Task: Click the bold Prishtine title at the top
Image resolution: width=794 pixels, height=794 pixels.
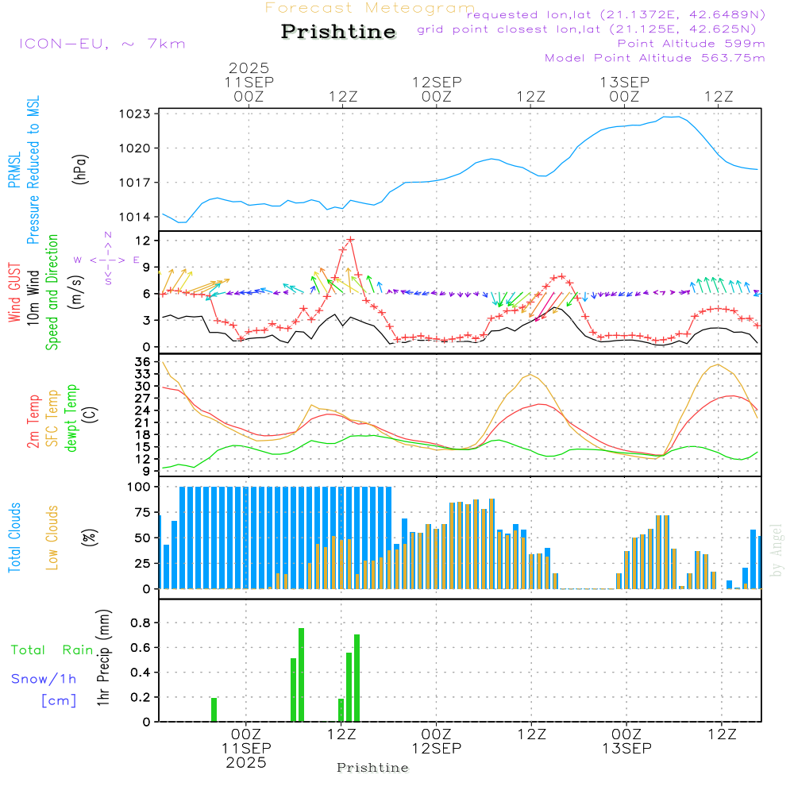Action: (338, 32)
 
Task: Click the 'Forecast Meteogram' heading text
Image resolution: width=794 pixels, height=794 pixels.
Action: (370, 8)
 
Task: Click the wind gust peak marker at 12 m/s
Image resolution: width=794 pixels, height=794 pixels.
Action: (350, 239)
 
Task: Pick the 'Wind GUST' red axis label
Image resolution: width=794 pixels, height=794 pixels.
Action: (14, 295)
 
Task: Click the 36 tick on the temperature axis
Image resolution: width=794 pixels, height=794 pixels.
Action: (144, 362)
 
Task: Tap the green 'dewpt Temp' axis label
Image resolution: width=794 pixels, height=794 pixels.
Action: (72, 418)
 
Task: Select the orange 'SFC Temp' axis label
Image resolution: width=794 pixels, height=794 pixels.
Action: (53, 418)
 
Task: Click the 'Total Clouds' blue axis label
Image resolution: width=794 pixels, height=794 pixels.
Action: (14, 538)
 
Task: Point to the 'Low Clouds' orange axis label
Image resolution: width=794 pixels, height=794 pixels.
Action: (53, 538)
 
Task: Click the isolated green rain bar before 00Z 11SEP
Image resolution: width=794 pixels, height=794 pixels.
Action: (214, 709)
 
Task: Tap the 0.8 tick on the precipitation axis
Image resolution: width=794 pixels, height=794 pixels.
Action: (141, 622)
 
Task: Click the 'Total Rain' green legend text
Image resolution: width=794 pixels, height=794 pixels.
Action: (52, 650)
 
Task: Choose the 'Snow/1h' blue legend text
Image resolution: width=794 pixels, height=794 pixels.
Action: (44, 680)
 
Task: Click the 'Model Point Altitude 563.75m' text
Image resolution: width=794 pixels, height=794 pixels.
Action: (655, 58)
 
